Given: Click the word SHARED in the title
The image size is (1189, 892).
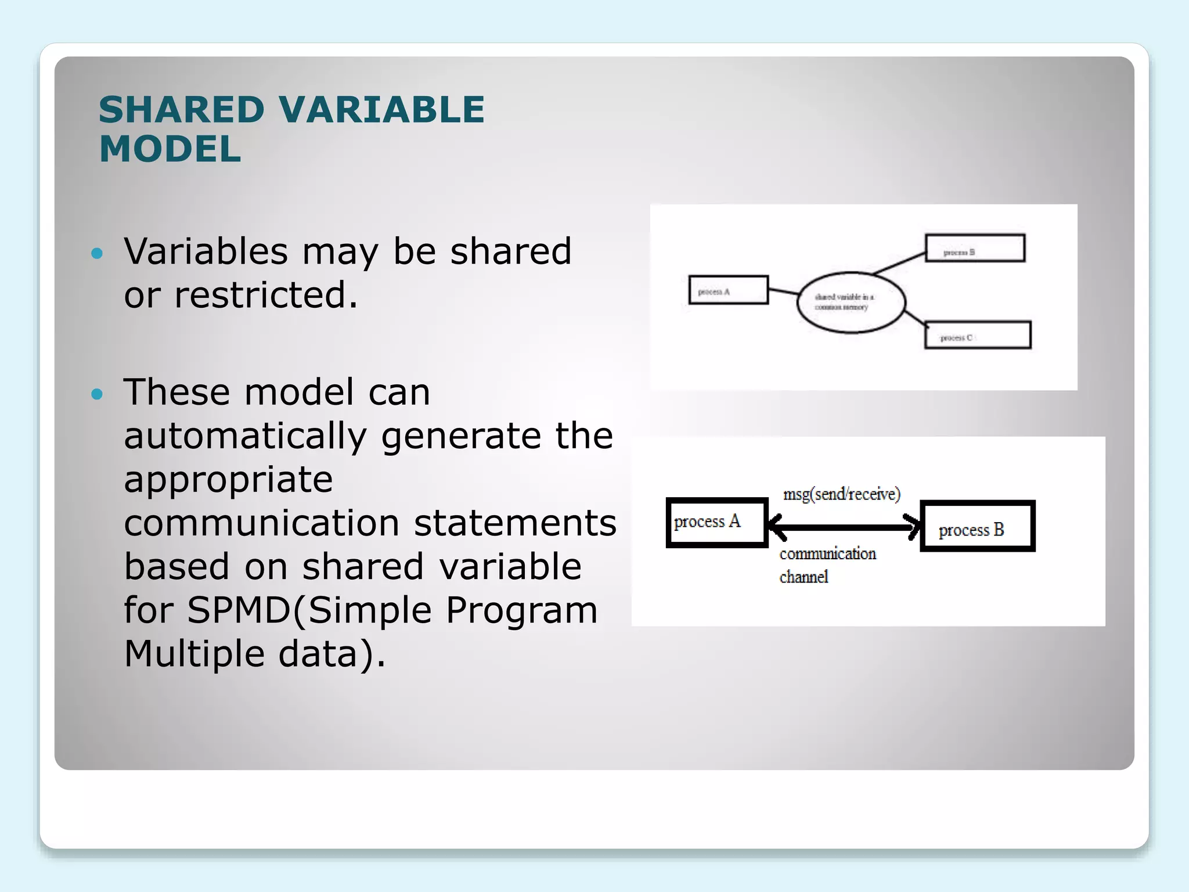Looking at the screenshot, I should click(x=181, y=110).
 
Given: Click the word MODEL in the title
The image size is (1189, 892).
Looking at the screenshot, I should click(x=170, y=149).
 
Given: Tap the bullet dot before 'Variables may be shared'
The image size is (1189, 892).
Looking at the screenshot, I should click(x=97, y=253).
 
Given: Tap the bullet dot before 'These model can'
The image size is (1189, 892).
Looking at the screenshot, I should click(x=97, y=395).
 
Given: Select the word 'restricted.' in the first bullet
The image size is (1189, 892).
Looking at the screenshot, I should click(x=266, y=295).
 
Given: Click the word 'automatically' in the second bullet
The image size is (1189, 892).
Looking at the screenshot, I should click(x=245, y=436).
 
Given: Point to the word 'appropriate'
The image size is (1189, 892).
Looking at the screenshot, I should click(x=228, y=480).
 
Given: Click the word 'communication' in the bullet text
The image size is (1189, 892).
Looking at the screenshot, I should click(x=261, y=523).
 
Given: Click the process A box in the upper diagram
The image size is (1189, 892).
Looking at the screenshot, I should click(x=729, y=290).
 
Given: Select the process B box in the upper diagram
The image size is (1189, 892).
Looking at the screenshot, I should click(x=975, y=248).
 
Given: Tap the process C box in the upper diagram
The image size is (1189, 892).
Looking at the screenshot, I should click(x=978, y=335).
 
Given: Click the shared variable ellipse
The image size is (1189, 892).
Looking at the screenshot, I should click(x=851, y=302).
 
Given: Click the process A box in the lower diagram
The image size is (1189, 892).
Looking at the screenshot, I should click(x=718, y=522).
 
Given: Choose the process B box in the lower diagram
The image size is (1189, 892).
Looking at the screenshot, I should click(x=978, y=526).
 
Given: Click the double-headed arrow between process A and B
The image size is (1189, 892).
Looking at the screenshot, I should click(x=845, y=527).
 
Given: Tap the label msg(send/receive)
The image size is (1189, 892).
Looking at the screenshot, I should click(x=841, y=494).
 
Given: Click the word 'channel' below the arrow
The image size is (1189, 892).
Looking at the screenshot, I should click(x=804, y=577).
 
